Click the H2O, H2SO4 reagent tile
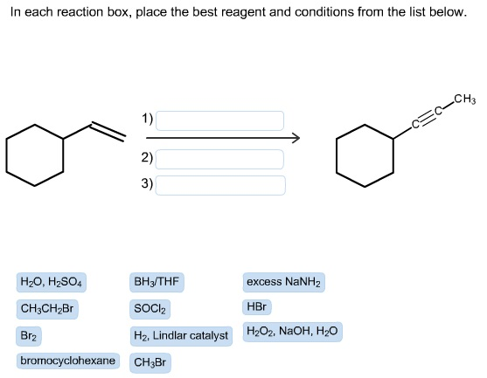pos(52,282)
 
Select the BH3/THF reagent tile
pos(157,282)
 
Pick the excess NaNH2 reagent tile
pos(283,282)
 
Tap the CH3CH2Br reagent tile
pos(47,309)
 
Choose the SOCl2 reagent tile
pos(150,309)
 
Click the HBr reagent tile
pos(256,307)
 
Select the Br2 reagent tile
pos(29,336)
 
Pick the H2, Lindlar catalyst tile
pos(181,336)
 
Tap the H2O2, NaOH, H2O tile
pos(292,332)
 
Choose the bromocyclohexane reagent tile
pos(67,361)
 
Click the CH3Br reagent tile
pos(150,362)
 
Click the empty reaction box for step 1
pos(219,120)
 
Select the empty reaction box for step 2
pos(219,160)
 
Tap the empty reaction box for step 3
pos(220,185)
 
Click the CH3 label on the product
pos(465,100)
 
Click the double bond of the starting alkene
pos(108,133)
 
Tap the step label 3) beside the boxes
pos(147,183)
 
